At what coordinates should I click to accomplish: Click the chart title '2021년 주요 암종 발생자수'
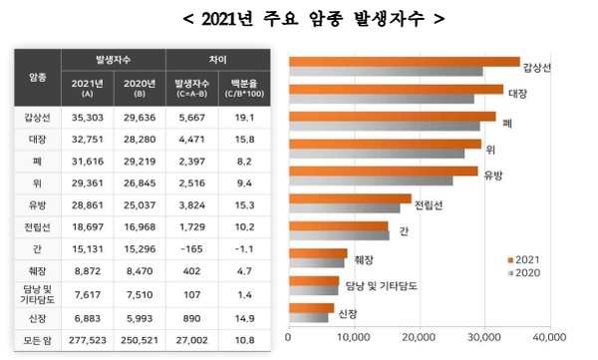(300, 18)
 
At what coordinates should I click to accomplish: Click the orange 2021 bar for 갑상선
(404, 62)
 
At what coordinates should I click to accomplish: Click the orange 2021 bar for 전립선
(349, 198)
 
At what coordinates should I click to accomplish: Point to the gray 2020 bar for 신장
(308, 318)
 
